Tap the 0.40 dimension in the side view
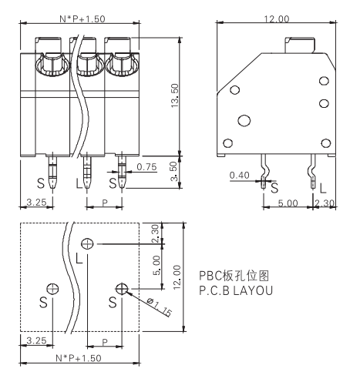click(240, 175)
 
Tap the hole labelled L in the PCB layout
click(89, 243)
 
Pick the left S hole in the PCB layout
click(52, 288)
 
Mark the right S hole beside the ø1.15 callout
click(121, 288)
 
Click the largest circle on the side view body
click(245, 119)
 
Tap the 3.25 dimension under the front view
click(32, 203)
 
